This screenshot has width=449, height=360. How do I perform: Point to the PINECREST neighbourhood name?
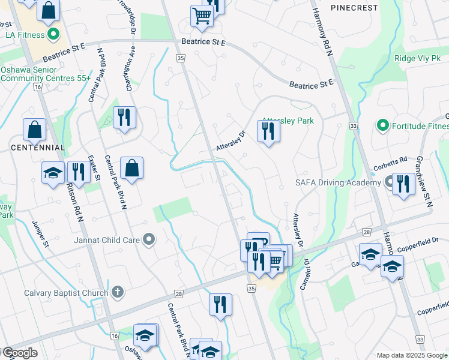(354, 8)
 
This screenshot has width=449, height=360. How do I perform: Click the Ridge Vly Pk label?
(417, 58)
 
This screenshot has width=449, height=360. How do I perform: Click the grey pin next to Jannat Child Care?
(149, 240)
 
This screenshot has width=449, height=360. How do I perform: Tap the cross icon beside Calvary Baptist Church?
(118, 293)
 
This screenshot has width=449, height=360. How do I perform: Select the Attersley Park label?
(289, 121)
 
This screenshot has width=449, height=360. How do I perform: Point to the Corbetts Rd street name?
(393, 160)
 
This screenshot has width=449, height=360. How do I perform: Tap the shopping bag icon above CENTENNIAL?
(35, 129)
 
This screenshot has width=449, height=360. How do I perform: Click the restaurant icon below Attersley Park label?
(268, 131)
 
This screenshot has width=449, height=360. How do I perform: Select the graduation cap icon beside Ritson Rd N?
(53, 173)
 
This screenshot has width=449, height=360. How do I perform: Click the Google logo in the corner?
(19, 353)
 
